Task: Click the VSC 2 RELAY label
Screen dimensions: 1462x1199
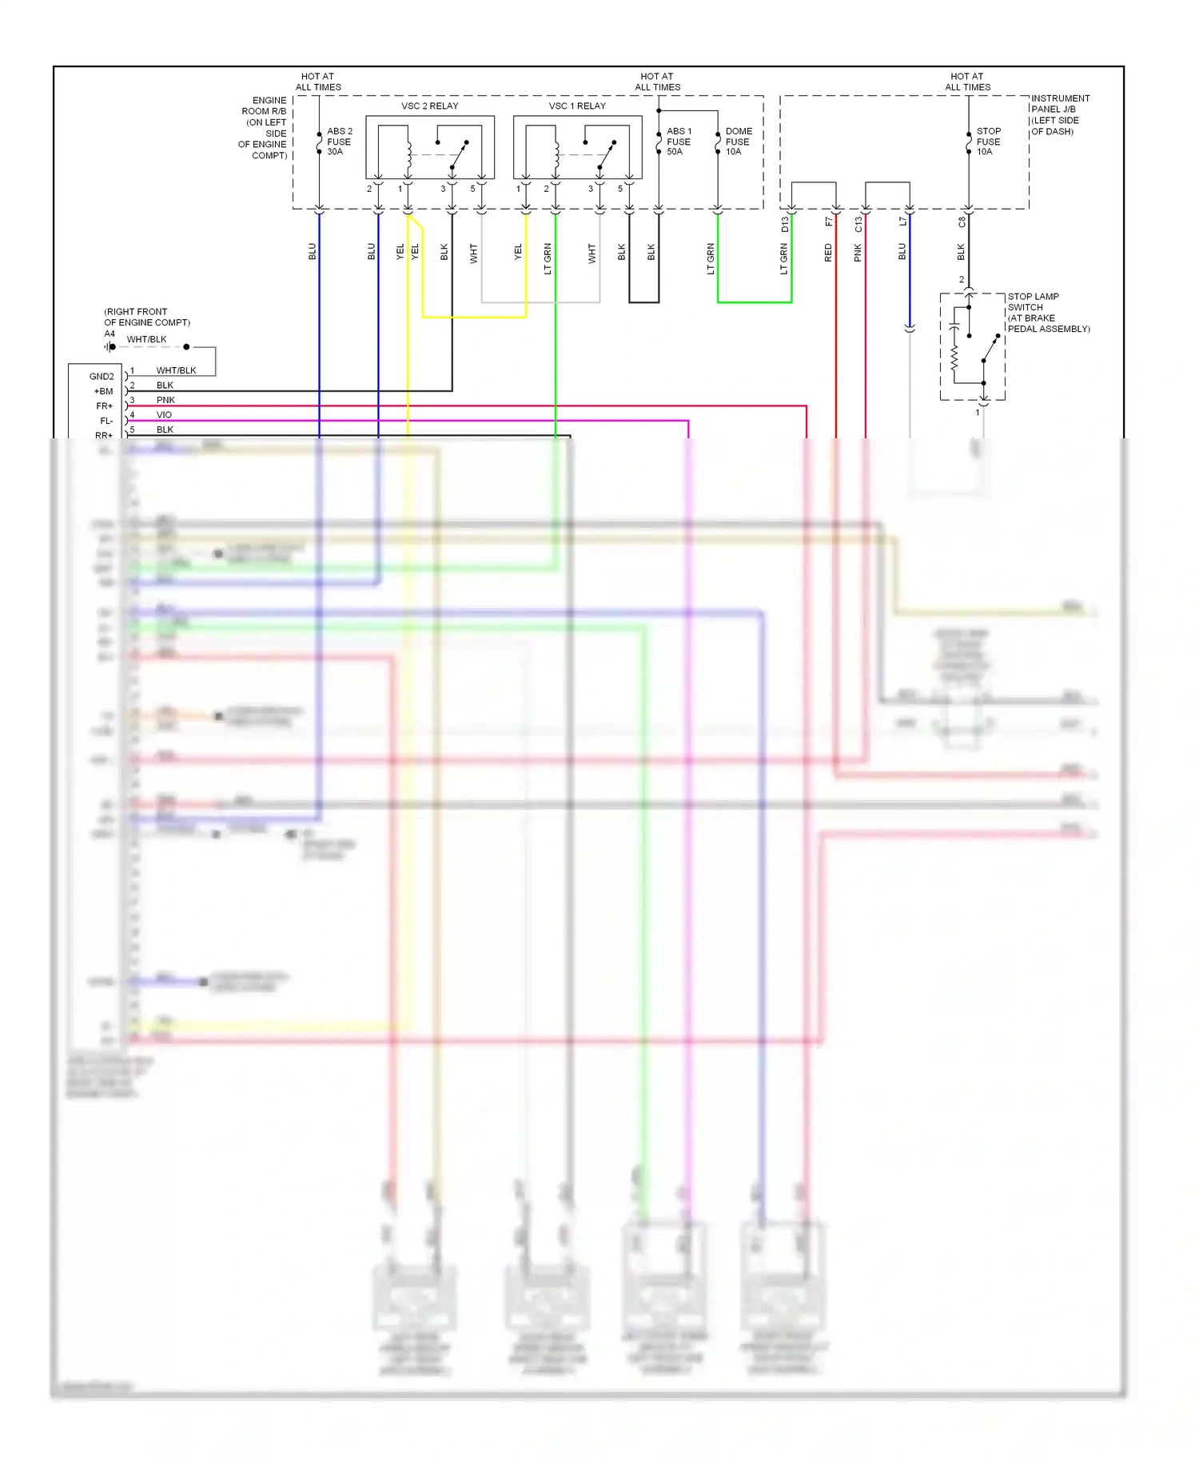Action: coord(429,106)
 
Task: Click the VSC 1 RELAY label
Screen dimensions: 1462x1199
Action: coord(577,106)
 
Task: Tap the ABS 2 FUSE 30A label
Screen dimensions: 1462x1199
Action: coord(339,142)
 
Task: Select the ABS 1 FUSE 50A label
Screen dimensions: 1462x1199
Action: coord(679,142)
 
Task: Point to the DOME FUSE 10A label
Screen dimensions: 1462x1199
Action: coord(738,142)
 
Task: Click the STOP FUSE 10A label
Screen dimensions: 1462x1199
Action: coord(988,142)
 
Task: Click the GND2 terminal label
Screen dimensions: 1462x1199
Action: coord(102,377)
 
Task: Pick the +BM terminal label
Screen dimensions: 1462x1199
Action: coord(104,392)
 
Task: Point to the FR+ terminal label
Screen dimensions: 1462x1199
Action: coord(105,406)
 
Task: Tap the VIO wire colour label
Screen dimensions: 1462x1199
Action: coord(164,415)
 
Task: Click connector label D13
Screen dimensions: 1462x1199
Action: coord(785,225)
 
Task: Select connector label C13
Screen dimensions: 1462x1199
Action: coord(858,225)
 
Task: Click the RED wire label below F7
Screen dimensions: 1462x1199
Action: coord(828,254)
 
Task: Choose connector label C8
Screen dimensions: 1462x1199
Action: coord(962,222)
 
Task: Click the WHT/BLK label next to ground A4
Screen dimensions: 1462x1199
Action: coord(147,340)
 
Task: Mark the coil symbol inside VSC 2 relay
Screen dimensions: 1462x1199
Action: coord(408,153)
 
